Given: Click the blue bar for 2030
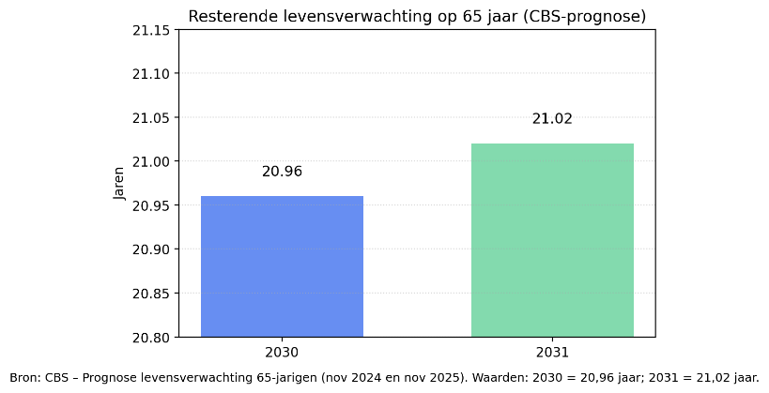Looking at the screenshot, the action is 282,266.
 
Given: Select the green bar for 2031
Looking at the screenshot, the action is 552,240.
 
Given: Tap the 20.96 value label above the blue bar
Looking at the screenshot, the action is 282,172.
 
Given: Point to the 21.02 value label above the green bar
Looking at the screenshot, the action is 552,119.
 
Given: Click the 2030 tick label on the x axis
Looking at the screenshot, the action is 282,353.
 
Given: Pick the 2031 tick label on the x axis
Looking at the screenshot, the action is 552,353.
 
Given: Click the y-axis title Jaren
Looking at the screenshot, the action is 118,184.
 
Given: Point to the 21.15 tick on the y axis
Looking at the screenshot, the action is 151,30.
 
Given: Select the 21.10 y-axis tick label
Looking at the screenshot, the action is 151,74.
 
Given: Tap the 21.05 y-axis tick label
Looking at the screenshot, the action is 151,118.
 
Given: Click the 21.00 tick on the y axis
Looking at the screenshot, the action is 151,161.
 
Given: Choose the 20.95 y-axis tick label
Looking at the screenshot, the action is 151,205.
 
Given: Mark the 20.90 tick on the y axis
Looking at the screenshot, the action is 151,249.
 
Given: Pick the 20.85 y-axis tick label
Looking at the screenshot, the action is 151,294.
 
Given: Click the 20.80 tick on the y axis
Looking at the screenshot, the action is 151,337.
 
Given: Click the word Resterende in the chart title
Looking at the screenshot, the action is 225,16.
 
